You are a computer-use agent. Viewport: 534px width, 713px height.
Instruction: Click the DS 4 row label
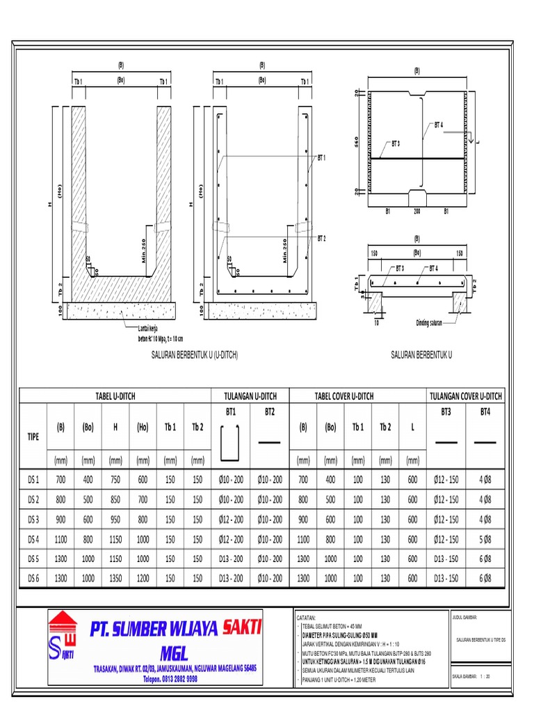point(33,539)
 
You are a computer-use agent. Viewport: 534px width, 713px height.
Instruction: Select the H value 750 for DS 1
point(115,480)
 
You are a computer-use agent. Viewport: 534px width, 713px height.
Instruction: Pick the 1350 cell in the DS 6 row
point(115,578)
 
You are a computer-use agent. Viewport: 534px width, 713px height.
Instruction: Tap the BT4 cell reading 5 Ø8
point(485,539)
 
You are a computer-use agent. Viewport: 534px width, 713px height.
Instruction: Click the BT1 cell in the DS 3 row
point(232,519)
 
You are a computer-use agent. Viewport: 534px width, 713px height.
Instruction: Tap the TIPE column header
point(33,435)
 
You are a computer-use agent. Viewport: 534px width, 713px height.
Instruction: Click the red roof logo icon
point(63,621)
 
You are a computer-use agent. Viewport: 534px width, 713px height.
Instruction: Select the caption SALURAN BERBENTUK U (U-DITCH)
point(195,354)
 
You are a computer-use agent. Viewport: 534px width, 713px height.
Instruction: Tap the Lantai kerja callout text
point(152,331)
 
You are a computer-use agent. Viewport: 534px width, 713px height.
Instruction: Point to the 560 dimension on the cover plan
point(355,142)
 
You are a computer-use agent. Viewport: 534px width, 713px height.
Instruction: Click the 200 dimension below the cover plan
point(418,210)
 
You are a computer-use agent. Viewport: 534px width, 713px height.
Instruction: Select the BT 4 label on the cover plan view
point(439,125)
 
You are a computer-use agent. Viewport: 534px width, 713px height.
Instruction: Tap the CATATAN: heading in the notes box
point(307,617)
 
